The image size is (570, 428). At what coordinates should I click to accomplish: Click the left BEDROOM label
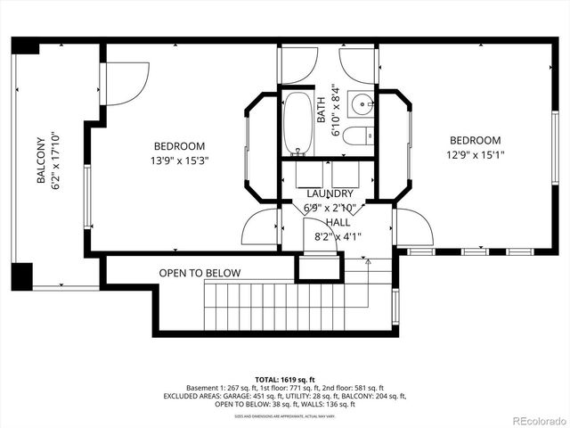(x=179, y=146)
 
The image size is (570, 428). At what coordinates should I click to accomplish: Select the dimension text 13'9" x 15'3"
(x=179, y=161)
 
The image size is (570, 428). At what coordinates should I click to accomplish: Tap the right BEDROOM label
(x=475, y=140)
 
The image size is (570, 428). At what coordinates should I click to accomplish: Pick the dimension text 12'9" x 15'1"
(x=475, y=155)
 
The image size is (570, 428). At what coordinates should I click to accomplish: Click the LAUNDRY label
(x=330, y=193)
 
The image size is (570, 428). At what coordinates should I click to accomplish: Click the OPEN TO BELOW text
(x=199, y=273)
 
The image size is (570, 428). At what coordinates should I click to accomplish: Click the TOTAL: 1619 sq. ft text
(x=284, y=377)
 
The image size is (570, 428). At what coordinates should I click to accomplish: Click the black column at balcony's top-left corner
(x=25, y=45)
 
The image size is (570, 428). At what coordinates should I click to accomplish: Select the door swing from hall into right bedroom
(x=412, y=226)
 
